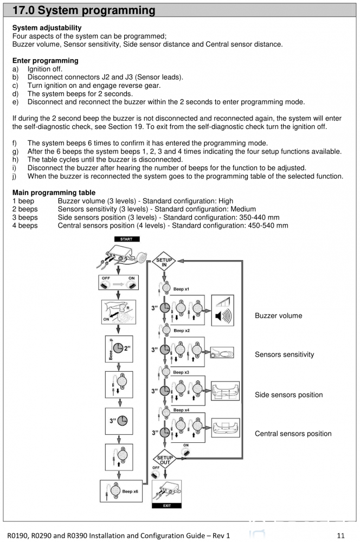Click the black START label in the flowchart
[126, 239]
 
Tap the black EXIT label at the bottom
[166, 505]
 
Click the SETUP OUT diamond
[165, 460]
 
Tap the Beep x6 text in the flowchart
[130, 491]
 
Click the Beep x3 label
[182, 372]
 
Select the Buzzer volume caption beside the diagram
[278, 315]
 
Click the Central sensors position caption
[293, 434]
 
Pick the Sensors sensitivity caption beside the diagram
[284, 354]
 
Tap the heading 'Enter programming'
[45, 61]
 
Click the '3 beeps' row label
[25, 217]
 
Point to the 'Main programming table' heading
[54, 192]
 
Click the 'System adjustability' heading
[47, 28]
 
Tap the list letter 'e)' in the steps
[15, 102]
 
